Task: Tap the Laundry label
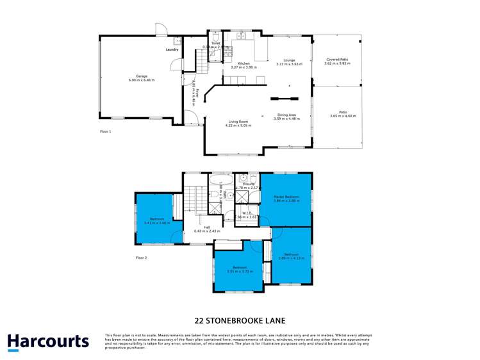tap(171, 49)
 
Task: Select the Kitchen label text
tap(244, 63)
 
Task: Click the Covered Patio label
tap(336, 60)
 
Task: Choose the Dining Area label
tap(285, 115)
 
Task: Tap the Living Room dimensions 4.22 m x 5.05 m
tap(238, 126)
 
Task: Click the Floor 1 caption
tap(106, 131)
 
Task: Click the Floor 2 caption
tap(142, 258)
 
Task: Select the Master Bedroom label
tap(287, 197)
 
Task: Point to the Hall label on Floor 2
tap(207, 227)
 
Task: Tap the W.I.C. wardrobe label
tap(246, 213)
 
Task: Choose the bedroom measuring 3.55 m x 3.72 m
tap(239, 269)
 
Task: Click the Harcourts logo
tap(48, 341)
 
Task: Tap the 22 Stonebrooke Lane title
tap(240, 320)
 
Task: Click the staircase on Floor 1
tap(203, 63)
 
